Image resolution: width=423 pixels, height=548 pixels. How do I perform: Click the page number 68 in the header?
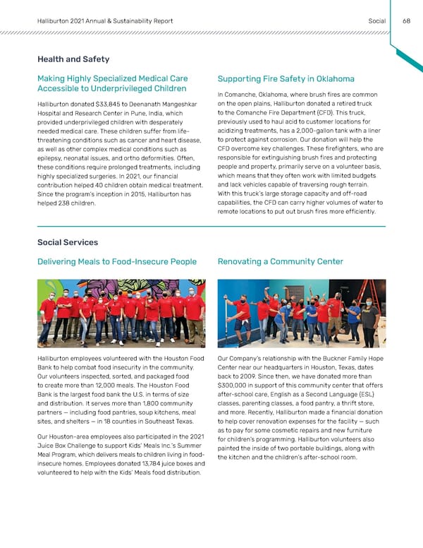pyautogui.click(x=407, y=20)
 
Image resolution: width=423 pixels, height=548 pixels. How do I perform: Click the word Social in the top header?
pyautogui.click(x=377, y=20)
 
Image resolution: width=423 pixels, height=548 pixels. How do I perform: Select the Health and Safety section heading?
pyautogui.click(x=73, y=59)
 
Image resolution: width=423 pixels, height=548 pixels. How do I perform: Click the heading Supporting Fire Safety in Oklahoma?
pyautogui.click(x=286, y=78)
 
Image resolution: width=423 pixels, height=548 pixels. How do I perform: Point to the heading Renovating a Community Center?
pyautogui.click(x=281, y=262)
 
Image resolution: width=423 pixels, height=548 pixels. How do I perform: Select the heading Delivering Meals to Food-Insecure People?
pyautogui.click(x=117, y=262)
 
